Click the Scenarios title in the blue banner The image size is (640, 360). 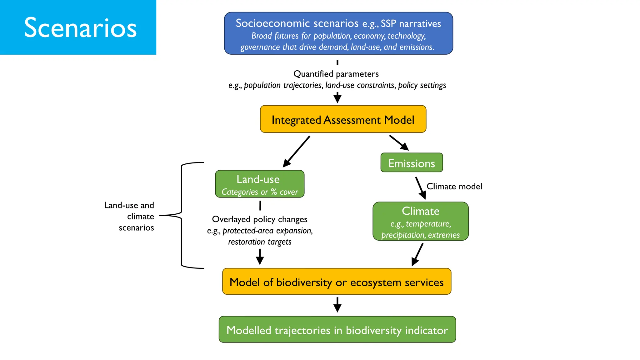80,28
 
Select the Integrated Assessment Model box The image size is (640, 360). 343,119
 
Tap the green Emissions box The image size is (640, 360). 411,163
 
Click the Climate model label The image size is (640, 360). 454,187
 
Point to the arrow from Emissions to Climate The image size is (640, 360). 420,188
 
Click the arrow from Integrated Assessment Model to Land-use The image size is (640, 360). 297,151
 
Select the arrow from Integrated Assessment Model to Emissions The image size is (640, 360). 399,142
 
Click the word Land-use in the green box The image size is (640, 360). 258,179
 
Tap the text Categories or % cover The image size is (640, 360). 260,192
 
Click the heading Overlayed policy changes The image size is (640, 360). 260,219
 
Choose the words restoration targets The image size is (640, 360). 260,242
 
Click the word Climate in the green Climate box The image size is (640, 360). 420,211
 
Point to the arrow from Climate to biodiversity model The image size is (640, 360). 417,254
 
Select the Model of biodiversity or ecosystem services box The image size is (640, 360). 337,282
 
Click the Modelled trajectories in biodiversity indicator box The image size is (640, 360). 337,330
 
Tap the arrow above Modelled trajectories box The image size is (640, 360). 337,305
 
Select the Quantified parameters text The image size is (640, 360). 336,74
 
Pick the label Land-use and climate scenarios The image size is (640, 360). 129,216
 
